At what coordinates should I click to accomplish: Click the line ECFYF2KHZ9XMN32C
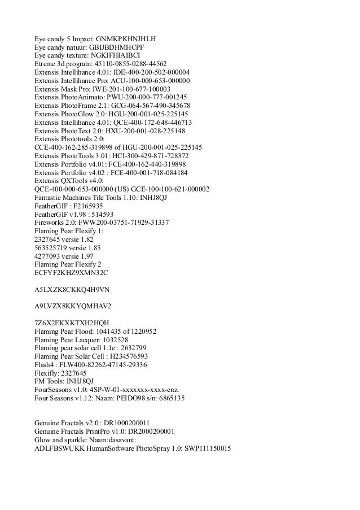pos(71,273)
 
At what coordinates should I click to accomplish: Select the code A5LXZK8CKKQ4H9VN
pos(72,290)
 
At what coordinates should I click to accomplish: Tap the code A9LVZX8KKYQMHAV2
pos(73,306)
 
